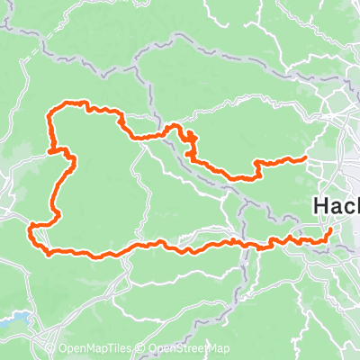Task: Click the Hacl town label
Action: (x=337, y=206)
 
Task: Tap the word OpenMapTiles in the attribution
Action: (x=98, y=349)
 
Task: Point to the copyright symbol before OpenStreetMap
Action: (x=142, y=349)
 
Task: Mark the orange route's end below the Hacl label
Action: (x=329, y=230)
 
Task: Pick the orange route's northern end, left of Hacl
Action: (x=306, y=158)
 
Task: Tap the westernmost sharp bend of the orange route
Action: (x=31, y=225)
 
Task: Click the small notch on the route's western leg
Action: (x=68, y=157)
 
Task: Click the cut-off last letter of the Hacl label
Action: (x=356, y=206)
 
